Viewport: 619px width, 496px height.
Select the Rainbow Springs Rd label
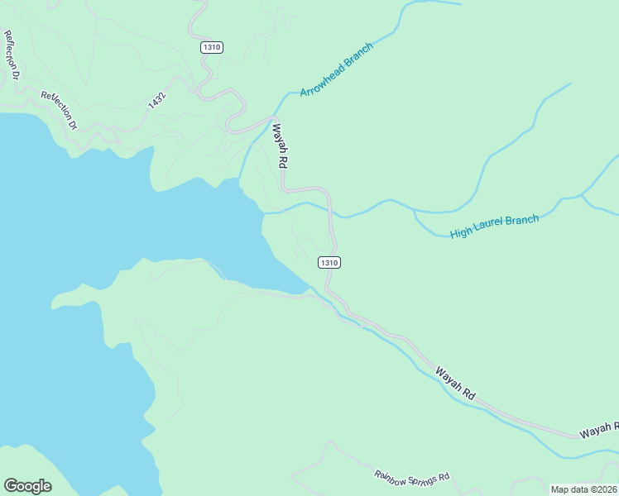coord(411,477)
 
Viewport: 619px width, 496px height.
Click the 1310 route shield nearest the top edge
coord(212,47)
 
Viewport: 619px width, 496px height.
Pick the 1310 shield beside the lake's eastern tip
coord(329,262)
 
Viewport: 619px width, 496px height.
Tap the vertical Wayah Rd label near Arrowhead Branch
coord(280,146)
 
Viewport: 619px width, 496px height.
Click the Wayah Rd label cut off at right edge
coord(598,429)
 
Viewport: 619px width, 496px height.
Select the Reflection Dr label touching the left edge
coord(12,55)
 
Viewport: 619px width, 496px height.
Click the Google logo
coord(27,486)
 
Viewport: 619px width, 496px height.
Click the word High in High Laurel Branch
coord(460,234)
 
